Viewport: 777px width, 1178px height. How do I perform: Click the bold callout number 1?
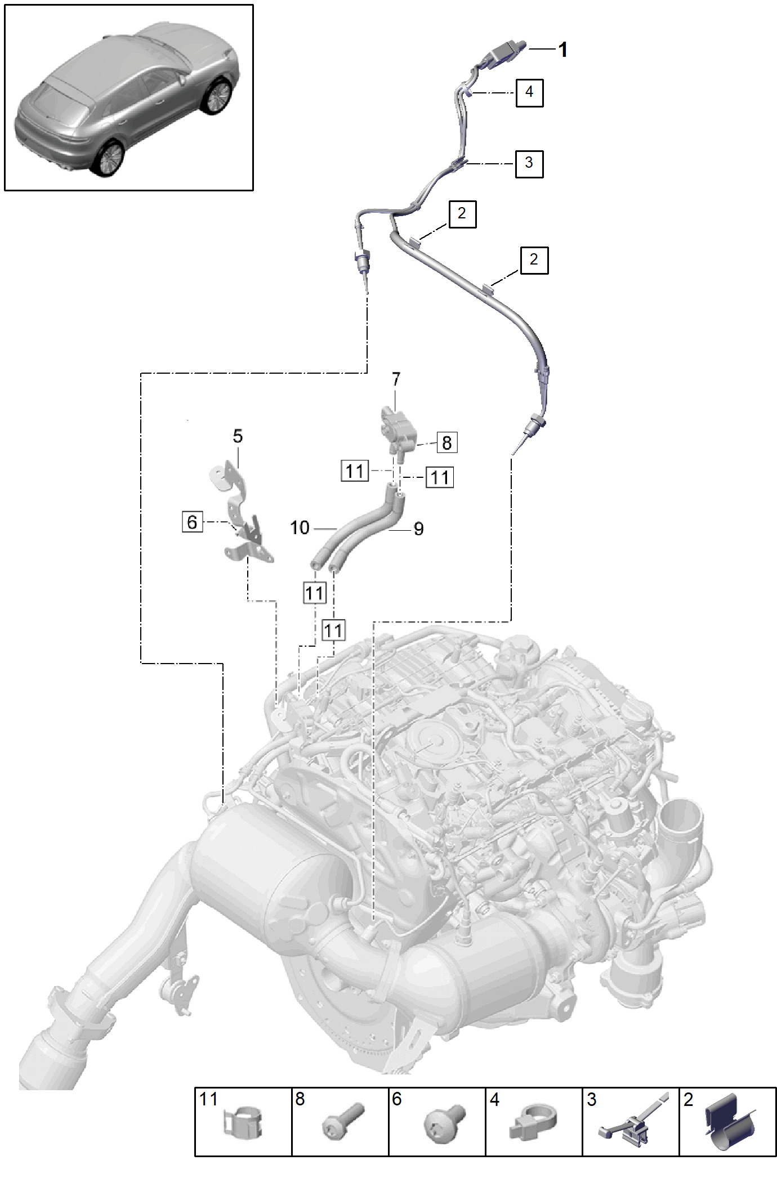click(x=562, y=50)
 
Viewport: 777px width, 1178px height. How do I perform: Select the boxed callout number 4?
click(x=529, y=92)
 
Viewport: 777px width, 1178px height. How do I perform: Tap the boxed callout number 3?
click(x=529, y=164)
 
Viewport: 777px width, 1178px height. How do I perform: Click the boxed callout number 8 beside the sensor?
click(x=447, y=442)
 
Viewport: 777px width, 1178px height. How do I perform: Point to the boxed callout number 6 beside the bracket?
click(x=192, y=522)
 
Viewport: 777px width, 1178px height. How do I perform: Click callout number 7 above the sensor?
click(x=396, y=379)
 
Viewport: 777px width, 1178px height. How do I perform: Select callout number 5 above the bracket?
click(x=238, y=436)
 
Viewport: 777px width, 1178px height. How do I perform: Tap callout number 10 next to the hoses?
click(x=300, y=528)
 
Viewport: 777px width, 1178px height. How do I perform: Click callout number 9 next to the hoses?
click(x=418, y=529)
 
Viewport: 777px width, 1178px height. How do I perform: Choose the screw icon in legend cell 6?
click(x=444, y=1123)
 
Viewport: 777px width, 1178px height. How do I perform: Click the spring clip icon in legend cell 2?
click(x=730, y=1123)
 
